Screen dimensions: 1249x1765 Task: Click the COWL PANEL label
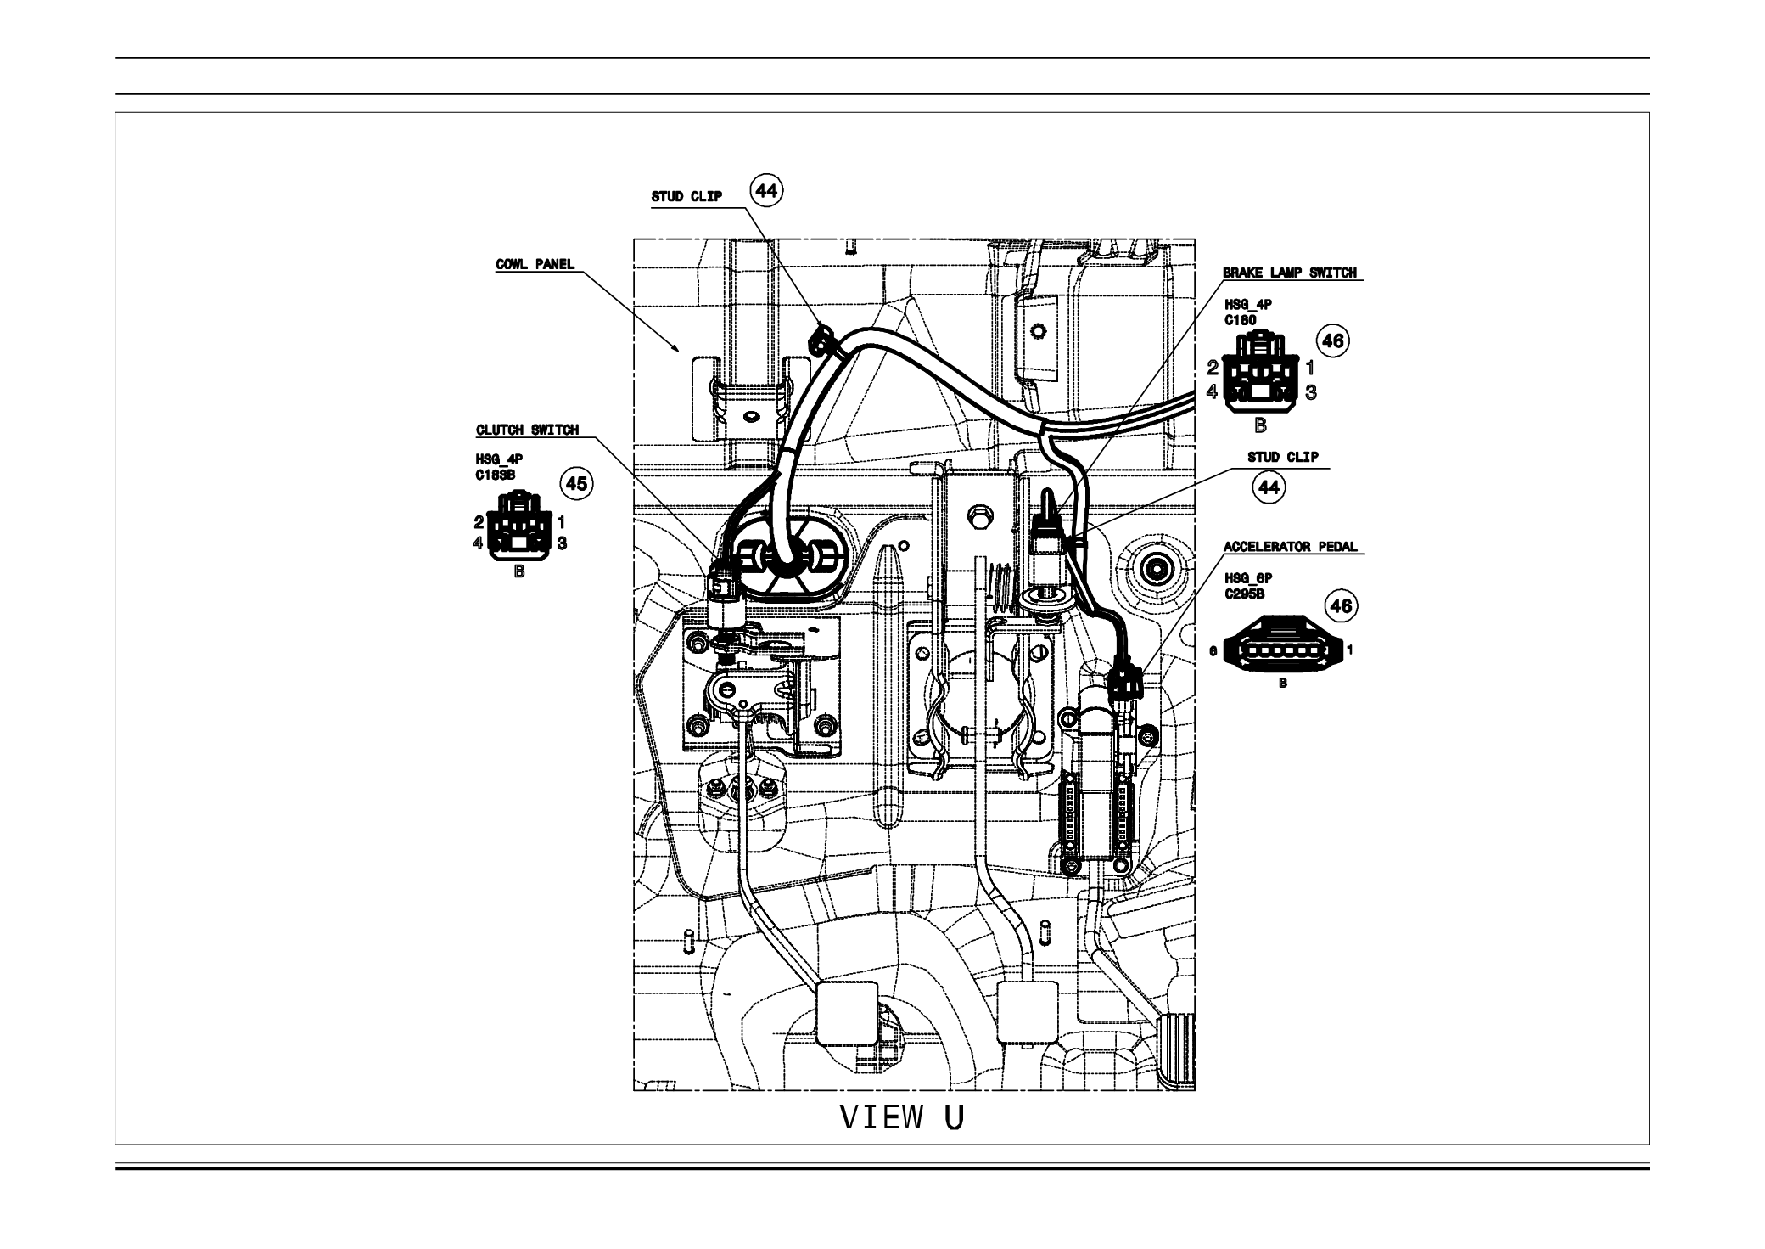point(535,264)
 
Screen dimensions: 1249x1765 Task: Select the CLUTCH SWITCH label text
point(527,430)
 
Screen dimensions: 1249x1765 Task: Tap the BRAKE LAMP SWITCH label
point(1289,273)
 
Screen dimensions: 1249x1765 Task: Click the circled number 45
point(576,484)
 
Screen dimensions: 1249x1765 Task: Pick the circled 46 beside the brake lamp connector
point(1332,340)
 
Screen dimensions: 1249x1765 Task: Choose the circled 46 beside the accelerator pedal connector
point(1341,606)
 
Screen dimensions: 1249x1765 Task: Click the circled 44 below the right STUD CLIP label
point(1269,487)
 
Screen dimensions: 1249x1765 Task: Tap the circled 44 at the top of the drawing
point(766,192)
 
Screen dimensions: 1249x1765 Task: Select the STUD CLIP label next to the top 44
point(686,197)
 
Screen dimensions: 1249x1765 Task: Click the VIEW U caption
point(902,1118)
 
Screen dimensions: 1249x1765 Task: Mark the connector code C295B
point(1244,594)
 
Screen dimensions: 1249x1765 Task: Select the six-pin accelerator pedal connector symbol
point(1281,650)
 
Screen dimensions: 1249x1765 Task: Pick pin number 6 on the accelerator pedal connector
point(1213,651)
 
